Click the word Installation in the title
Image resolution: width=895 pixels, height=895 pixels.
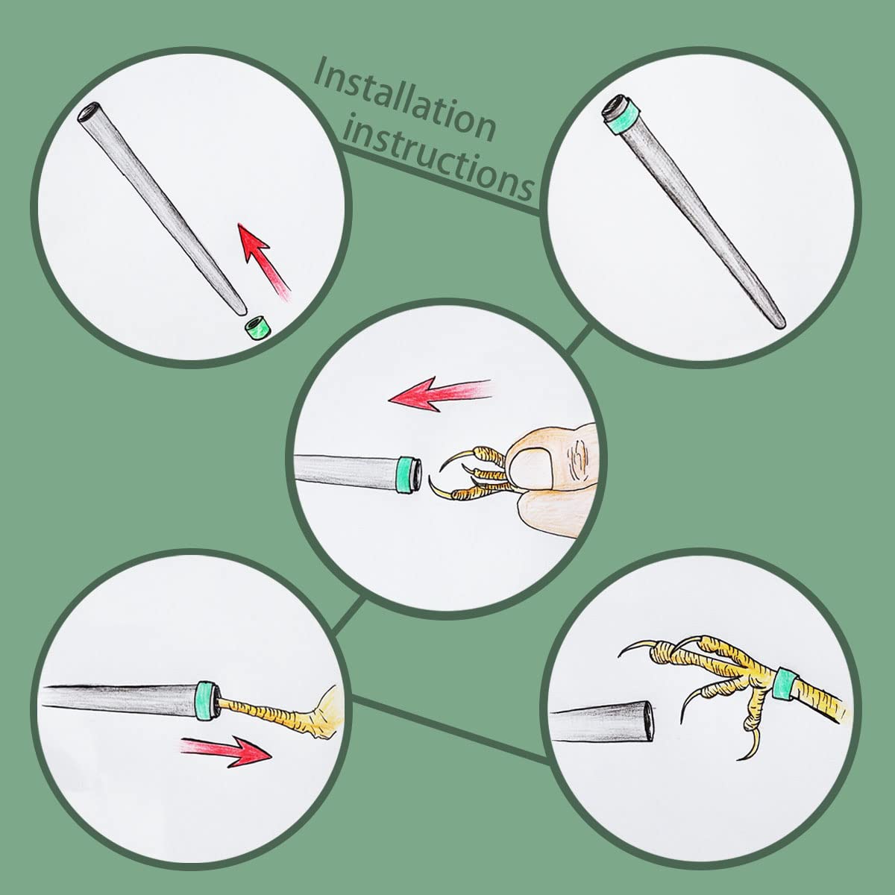(405, 99)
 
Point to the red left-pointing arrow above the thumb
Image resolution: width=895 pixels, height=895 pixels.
(439, 392)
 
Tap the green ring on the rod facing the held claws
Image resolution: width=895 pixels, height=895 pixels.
(406, 474)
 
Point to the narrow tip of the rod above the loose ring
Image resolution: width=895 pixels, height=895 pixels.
(241, 311)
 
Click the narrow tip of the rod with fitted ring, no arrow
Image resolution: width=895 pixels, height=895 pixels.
(780, 323)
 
